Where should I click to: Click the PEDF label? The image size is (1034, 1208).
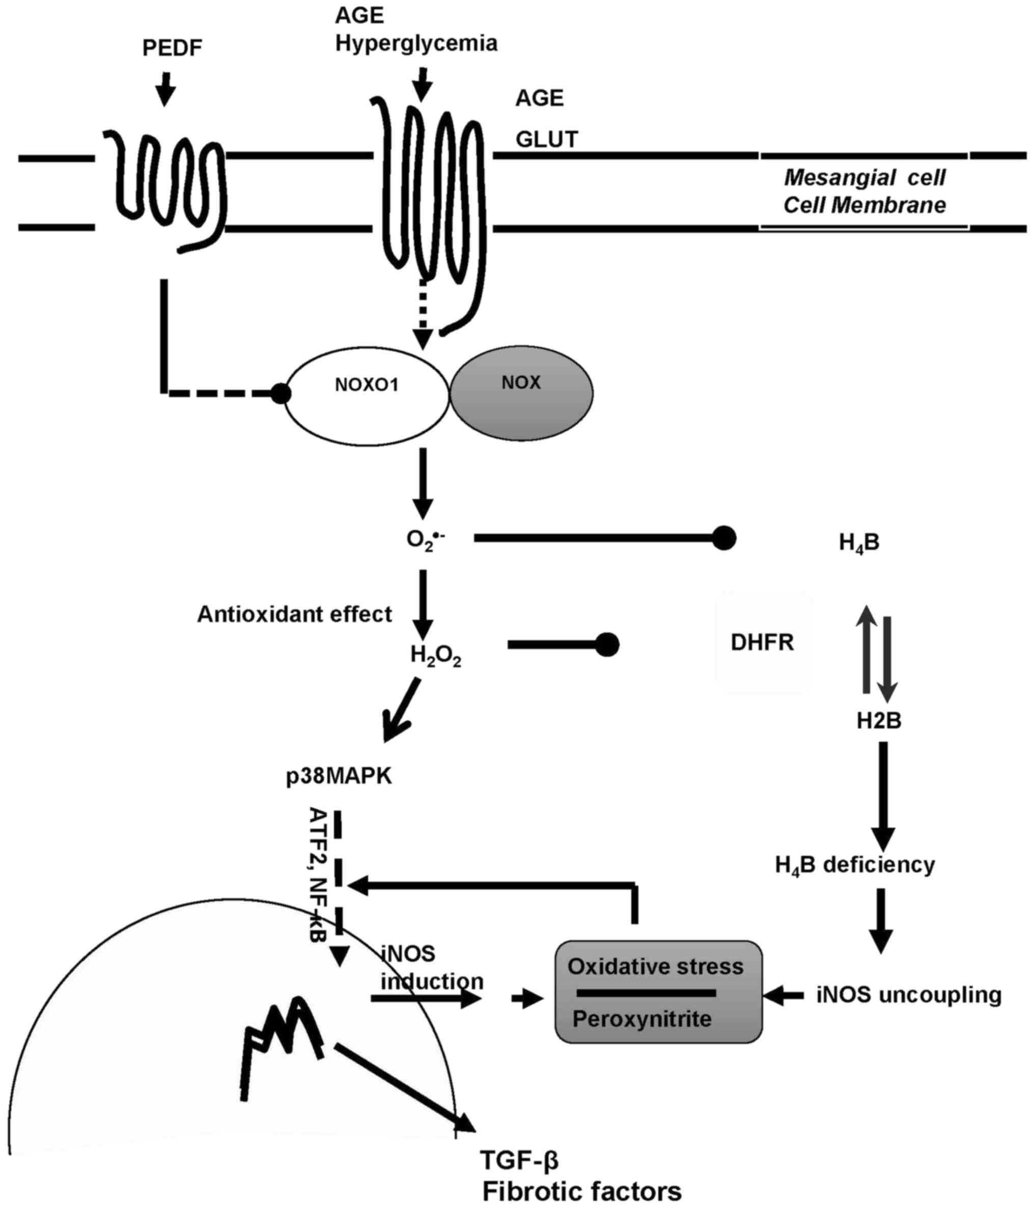[172, 48]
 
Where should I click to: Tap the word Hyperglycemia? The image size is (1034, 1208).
[416, 43]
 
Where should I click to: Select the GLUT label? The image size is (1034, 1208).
[546, 139]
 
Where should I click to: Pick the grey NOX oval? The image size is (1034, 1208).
[521, 392]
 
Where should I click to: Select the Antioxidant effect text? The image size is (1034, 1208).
[294, 614]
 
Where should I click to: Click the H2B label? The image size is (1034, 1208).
[878, 721]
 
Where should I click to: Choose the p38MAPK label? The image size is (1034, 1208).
[339, 777]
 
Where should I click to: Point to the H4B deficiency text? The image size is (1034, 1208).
[854, 864]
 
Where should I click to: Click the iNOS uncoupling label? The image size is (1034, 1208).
[909, 995]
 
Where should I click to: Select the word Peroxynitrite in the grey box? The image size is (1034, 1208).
[641, 1019]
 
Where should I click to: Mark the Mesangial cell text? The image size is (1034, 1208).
[864, 177]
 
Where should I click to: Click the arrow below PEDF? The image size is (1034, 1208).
[166, 89]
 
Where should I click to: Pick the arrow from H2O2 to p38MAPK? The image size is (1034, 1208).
[402, 709]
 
